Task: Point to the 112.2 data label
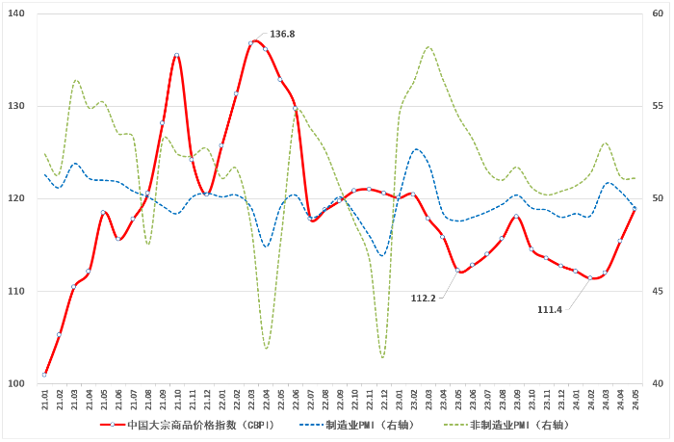(x=424, y=299)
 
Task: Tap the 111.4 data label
(x=550, y=308)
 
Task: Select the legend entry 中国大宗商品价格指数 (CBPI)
(x=194, y=425)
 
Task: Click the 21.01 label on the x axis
(x=45, y=399)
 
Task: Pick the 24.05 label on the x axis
(x=634, y=399)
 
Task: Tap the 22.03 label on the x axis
(x=251, y=399)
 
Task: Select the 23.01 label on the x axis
(x=399, y=399)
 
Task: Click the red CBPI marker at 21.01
(x=45, y=375)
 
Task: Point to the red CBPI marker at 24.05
(x=634, y=209)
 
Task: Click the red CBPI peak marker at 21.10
(x=177, y=56)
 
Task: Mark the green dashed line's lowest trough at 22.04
(x=267, y=348)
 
